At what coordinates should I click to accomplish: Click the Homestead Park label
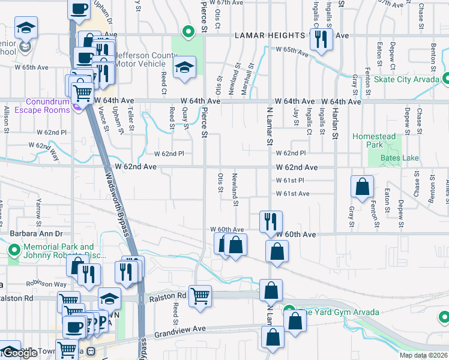click(374, 140)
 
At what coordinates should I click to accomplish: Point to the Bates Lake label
click(400, 158)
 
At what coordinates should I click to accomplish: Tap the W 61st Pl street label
click(291, 181)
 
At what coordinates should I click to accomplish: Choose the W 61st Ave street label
click(293, 194)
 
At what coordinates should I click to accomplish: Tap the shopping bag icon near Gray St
click(363, 187)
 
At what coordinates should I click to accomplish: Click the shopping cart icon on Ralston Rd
click(200, 295)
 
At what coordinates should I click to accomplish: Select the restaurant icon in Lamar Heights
click(321, 40)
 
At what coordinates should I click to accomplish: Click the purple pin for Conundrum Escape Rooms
click(77, 106)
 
